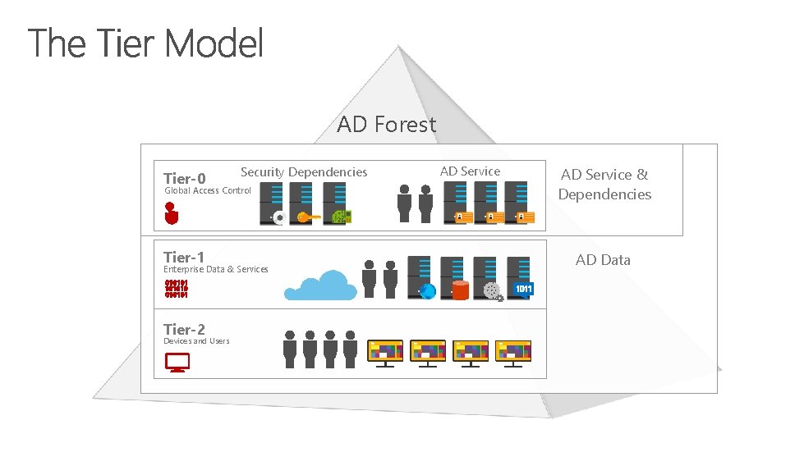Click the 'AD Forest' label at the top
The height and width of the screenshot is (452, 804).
[386, 125]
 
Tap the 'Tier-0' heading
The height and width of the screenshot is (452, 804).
[184, 178]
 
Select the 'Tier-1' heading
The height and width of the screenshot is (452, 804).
[184, 257]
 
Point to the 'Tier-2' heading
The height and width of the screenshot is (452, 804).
[184, 329]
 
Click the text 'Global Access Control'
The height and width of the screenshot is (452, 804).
[208, 191]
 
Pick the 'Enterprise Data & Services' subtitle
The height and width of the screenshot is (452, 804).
[215, 269]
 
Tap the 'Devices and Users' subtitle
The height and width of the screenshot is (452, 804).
[196, 341]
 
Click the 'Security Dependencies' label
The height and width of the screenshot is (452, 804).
[304, 171]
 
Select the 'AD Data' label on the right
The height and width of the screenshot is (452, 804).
[603, 260]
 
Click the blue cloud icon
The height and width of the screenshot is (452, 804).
[320, 284]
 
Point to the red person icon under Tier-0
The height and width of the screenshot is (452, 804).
[171, 212]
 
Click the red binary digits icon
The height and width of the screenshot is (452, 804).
[176, 289]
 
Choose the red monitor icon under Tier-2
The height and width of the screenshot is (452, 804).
[177, 362]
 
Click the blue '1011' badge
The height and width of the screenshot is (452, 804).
[523, 289]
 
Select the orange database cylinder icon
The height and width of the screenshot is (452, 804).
[460, 290]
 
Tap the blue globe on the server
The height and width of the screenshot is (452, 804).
[427, 290]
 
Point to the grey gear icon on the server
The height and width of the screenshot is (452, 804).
[492, 290]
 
